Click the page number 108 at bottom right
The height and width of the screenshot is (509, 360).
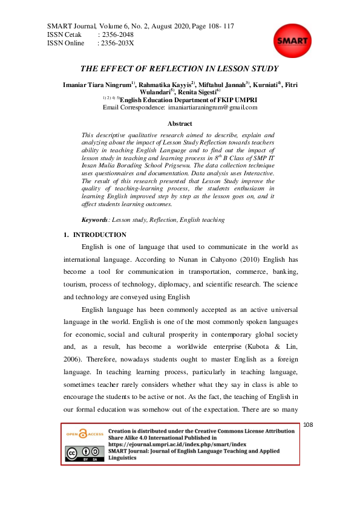309,426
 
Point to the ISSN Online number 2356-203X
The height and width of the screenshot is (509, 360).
117,44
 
